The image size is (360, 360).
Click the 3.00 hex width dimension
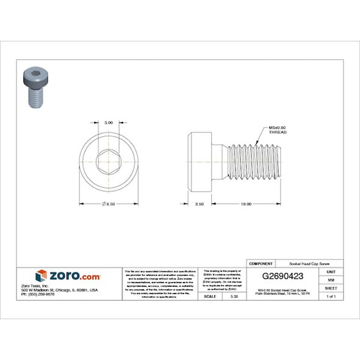tap(109, 122)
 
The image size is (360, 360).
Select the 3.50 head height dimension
tap(200, 204)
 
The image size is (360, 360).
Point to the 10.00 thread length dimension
tap(246, 204)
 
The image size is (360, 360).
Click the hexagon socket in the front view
tap(109, 162)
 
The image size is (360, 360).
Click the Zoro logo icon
tap(41, 276)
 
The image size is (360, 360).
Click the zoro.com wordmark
tap(74, 276)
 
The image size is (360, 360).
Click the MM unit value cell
tap(331, 279)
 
